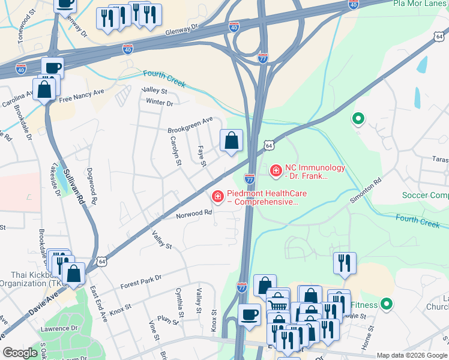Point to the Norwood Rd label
[194, 213]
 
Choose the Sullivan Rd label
[75, 188]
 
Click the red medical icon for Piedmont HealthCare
[217, 196]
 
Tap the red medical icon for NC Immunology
[276, 172]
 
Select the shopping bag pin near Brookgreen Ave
[232, 142]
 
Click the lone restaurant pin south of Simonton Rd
[345, 263]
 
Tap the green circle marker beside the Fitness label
[386, 304]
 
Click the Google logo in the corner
[20, 353]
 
